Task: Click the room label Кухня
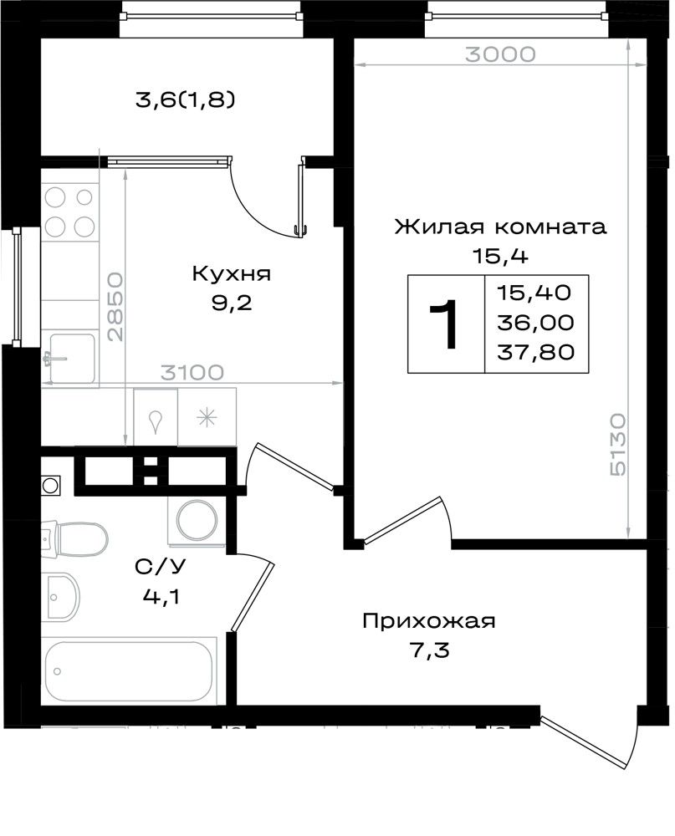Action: click(231, 273)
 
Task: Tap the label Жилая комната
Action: click(500, 227)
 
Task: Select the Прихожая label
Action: click(429, 621)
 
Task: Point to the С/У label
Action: click(161, 567)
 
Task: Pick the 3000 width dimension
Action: click(500, 54)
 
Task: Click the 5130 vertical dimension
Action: click(617, 444)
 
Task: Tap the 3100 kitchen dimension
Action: click(192, 373)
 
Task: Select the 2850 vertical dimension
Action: click(115, 307)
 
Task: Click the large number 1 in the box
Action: click(444, 324)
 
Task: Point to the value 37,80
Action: click(535, 352)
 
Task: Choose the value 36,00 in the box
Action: click(535, 322)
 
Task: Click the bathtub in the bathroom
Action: click(129, 670)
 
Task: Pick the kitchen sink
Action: click(71, 359)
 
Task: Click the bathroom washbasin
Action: click(61, 597)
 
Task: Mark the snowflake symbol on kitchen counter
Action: click(207, 417)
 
